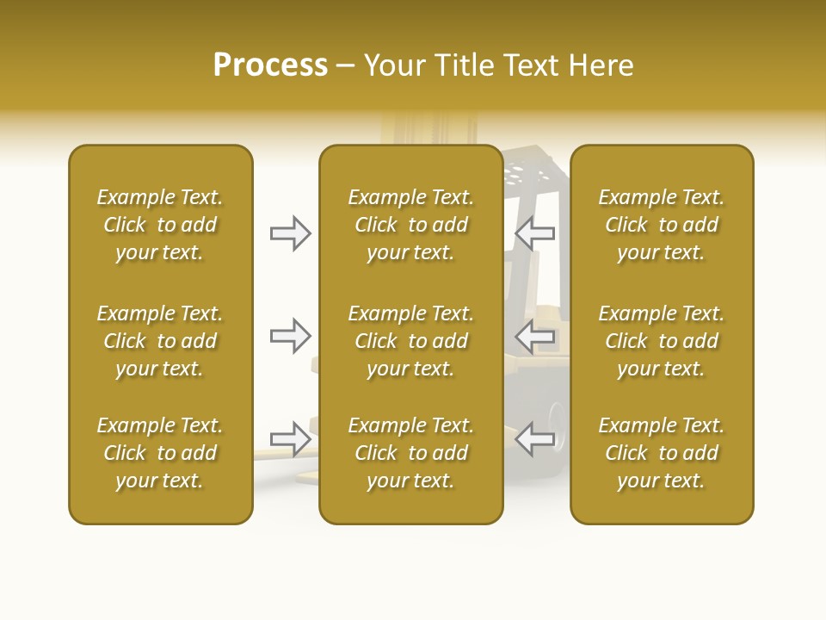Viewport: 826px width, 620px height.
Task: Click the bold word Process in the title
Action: coord(270,65)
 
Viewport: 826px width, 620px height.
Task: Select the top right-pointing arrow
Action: coord(290,233)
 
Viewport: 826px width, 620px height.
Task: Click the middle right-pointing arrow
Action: coord(290,336)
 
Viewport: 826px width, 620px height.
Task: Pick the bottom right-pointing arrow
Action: coord(290,438)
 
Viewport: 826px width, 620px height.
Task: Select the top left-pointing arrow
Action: coord(534,233)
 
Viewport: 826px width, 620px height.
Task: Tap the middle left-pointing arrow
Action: coord(534,336)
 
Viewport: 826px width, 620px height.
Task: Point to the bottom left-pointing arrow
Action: coord(534,438)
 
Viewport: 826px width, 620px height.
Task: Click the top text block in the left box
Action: coord(160,225)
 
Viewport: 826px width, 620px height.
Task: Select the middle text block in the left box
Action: coord(160,341)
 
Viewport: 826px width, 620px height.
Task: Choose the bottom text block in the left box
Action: coord(160,453)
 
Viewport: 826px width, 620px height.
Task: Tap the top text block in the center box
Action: coord(411,225)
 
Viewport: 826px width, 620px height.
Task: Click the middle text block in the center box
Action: coord(411,341)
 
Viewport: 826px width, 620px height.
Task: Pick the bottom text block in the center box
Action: coord(411,453)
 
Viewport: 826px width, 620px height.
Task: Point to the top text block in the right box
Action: coord(662,225)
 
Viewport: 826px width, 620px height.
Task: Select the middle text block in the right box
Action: coord(662,341)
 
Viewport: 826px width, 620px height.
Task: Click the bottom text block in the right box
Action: coord(662,453)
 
